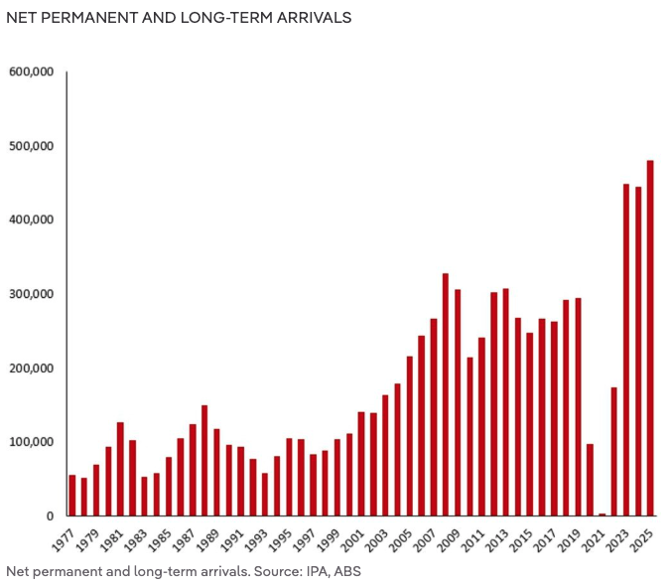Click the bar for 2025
(x=650, y=338)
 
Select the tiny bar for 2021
(x=602, y=514)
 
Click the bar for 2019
(x=578, y=406)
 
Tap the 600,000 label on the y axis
(x=31, y=72)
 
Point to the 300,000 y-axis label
(x=31, y=294)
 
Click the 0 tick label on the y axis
(x=49, y=515)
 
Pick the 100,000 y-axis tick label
(x=31, y=442)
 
